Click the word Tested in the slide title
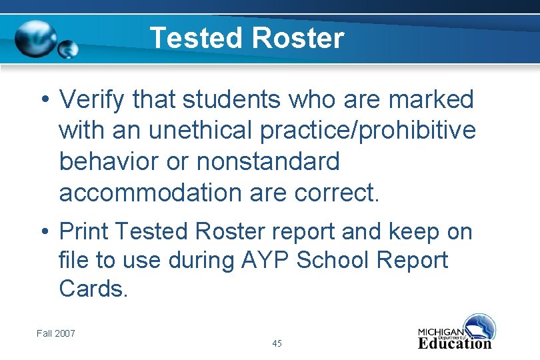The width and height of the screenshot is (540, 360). pos(194,38)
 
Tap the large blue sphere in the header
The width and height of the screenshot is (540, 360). pos(36,38)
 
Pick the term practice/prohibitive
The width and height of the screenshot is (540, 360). pos(368,131)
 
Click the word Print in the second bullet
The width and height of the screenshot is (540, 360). pos(84,231)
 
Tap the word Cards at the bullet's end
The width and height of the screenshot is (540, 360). pos(92,289)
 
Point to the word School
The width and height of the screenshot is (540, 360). pos(331,260)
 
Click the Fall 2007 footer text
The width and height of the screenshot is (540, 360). pos(56,333)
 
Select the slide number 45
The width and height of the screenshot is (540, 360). pos(277,343)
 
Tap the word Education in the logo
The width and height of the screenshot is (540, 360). pos(455,343)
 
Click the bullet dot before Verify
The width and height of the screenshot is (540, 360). pos(43,101)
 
